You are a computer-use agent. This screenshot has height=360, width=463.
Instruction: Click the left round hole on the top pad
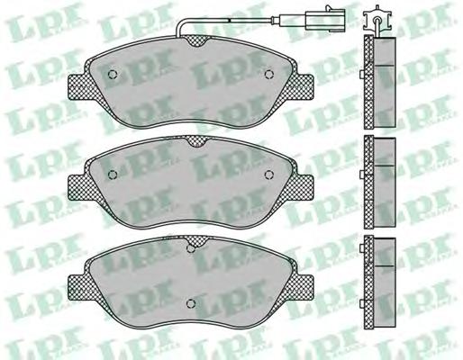click(113, 74)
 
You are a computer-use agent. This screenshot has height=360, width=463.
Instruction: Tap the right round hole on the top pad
click(268, 74)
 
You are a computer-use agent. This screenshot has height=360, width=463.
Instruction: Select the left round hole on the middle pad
click(113, 174)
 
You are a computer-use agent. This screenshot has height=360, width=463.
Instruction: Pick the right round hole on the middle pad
click(269, 174)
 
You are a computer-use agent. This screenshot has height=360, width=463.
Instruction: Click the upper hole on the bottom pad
click(191, 249)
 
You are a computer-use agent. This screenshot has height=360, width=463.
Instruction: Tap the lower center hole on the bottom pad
click(190, 304)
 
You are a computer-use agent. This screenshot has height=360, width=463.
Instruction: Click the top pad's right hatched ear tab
click(303, 87)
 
